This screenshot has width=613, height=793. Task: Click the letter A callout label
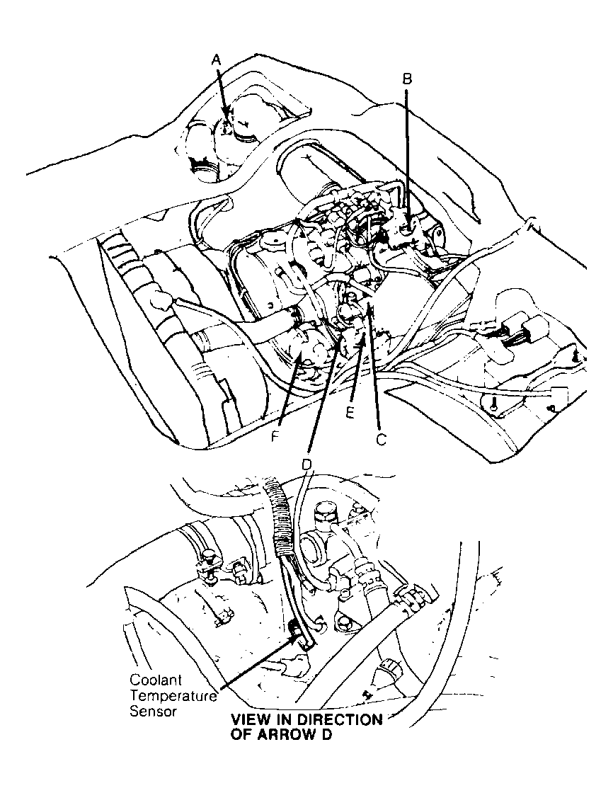217,62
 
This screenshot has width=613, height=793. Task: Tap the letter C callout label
380,440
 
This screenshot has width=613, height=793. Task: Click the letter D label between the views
306,464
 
